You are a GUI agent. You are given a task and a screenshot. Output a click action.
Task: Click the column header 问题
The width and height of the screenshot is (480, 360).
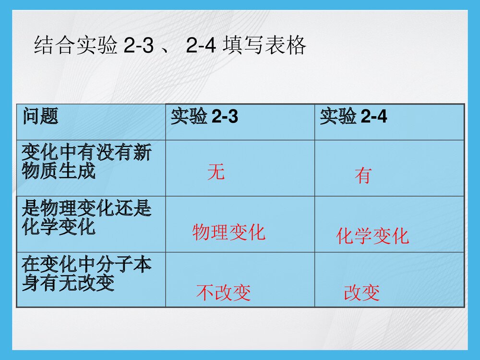[40, 117]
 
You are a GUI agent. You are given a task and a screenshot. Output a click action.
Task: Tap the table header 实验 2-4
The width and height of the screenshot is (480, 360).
[354, 117]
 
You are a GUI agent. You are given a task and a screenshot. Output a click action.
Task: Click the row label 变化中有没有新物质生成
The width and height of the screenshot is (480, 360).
[86, 163]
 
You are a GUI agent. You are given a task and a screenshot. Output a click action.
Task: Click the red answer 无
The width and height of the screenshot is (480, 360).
[216, 172]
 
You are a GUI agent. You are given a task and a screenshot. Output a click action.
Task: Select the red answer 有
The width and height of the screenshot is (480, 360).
[363, 176]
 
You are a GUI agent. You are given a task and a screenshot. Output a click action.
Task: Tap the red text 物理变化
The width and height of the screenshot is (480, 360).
[228, 233]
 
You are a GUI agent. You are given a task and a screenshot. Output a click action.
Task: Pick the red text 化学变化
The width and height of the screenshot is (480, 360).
[372, 236]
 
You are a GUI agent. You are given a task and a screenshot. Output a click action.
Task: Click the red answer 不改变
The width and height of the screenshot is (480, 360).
[224, 293]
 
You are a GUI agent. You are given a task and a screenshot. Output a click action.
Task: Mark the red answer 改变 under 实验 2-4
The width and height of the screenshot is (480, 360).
[362, 293]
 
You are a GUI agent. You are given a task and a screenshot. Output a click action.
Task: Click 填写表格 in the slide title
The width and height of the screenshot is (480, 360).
[264, 47]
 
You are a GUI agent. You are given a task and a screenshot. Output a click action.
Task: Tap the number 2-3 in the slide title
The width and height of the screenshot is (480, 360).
[138, 47]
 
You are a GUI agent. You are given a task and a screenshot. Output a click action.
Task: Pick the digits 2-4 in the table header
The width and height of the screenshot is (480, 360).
[373, 117]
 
